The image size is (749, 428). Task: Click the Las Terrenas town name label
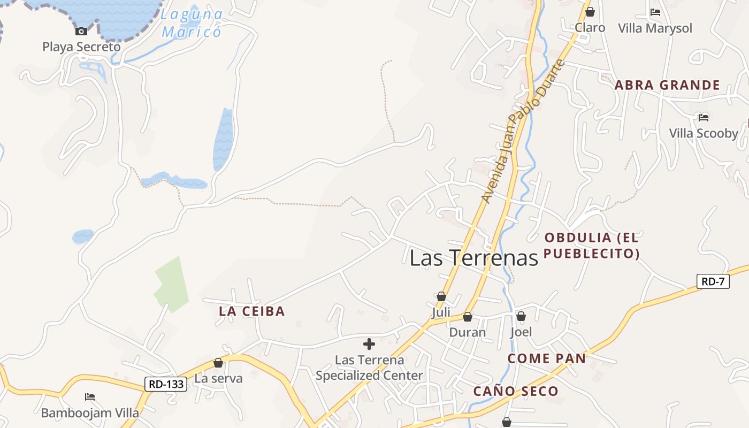click(473, 258)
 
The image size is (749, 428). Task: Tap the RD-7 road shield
click(713, 281)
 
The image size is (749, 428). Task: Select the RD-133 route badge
click(166, 384)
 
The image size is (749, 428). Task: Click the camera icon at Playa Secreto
click(81, 31)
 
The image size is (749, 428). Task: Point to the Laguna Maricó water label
click(192, 23)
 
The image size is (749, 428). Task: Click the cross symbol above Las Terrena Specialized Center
click(369, 344)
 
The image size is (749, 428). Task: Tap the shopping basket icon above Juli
click(441, 296)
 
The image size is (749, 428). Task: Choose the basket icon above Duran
click(468, 317)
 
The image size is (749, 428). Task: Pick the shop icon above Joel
click(521, 316)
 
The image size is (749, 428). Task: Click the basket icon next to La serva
click(218, 363)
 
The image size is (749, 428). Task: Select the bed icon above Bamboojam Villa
click(90, 397)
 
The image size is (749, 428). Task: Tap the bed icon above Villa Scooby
click(704, 117)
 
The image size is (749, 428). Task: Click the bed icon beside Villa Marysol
click(655, 12)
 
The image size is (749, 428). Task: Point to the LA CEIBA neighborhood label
click(252, 311)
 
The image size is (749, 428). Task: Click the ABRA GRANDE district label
click(667, 85)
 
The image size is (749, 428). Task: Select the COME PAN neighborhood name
click(546, 358)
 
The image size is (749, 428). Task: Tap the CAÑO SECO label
click(516, 392)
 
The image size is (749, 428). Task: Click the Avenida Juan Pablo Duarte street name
click(523, 132)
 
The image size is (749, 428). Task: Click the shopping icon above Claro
click(590, 12)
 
